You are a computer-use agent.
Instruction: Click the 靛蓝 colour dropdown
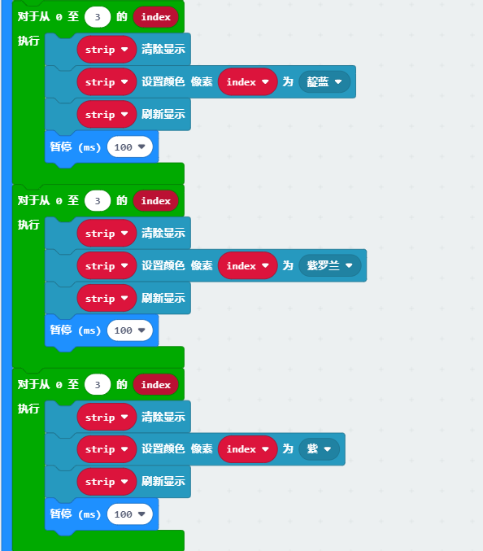tap(324, 82)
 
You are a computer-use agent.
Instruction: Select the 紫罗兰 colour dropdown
tap(329, 265)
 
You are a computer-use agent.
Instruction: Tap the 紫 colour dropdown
tap(319, 449)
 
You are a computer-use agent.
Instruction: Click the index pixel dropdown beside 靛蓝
tap(247, 82)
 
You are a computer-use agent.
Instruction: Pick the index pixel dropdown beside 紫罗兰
tap(247, 265)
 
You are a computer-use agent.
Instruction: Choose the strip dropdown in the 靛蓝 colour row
tap(107, 82)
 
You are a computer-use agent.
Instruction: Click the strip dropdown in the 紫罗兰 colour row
tap(107, 265)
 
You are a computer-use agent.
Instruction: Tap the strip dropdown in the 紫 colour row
tap(107, 449)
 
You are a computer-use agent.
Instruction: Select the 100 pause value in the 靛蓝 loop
tap(130, 146)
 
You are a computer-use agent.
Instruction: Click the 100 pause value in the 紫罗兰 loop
tap(130, 330)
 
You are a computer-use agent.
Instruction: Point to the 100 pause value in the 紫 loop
tap(130, 514)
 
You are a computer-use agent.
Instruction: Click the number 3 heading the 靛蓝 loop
tap(98, 17)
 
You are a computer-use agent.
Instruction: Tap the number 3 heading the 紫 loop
tap(98, 384)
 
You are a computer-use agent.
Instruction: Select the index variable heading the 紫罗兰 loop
tap(156, 201)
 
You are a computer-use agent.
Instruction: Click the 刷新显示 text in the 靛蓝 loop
tap(163, 114)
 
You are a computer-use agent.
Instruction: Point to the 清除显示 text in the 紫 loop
tap(163, 417)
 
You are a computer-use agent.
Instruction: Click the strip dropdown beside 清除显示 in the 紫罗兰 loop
tap(107, 234)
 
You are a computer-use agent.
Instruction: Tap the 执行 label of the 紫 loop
tap(28, 409)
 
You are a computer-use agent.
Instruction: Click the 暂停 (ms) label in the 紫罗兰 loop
tap(75, 330)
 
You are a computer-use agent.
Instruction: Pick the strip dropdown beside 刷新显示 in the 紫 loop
tap(107, 482)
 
